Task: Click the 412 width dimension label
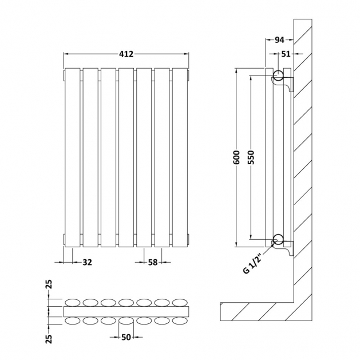pyautogui.click(x=126, y=54)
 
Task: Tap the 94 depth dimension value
pyautogui.click(x=279, y=40)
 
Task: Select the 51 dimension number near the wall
pyautogui.click(x=286, y=54)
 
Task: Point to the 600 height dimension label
pyautogui.click(x=236, y=157)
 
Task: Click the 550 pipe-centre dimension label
pyautogui.click(x=251, y=157)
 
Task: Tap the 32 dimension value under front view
pyautogui.click(x=87, y=262)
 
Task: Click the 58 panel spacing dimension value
pyautogui.click(x=153, y=262)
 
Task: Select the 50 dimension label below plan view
pyautogui.click(x=126, y=337)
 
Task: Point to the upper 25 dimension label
pyautogui.click(x=49, y=284)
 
